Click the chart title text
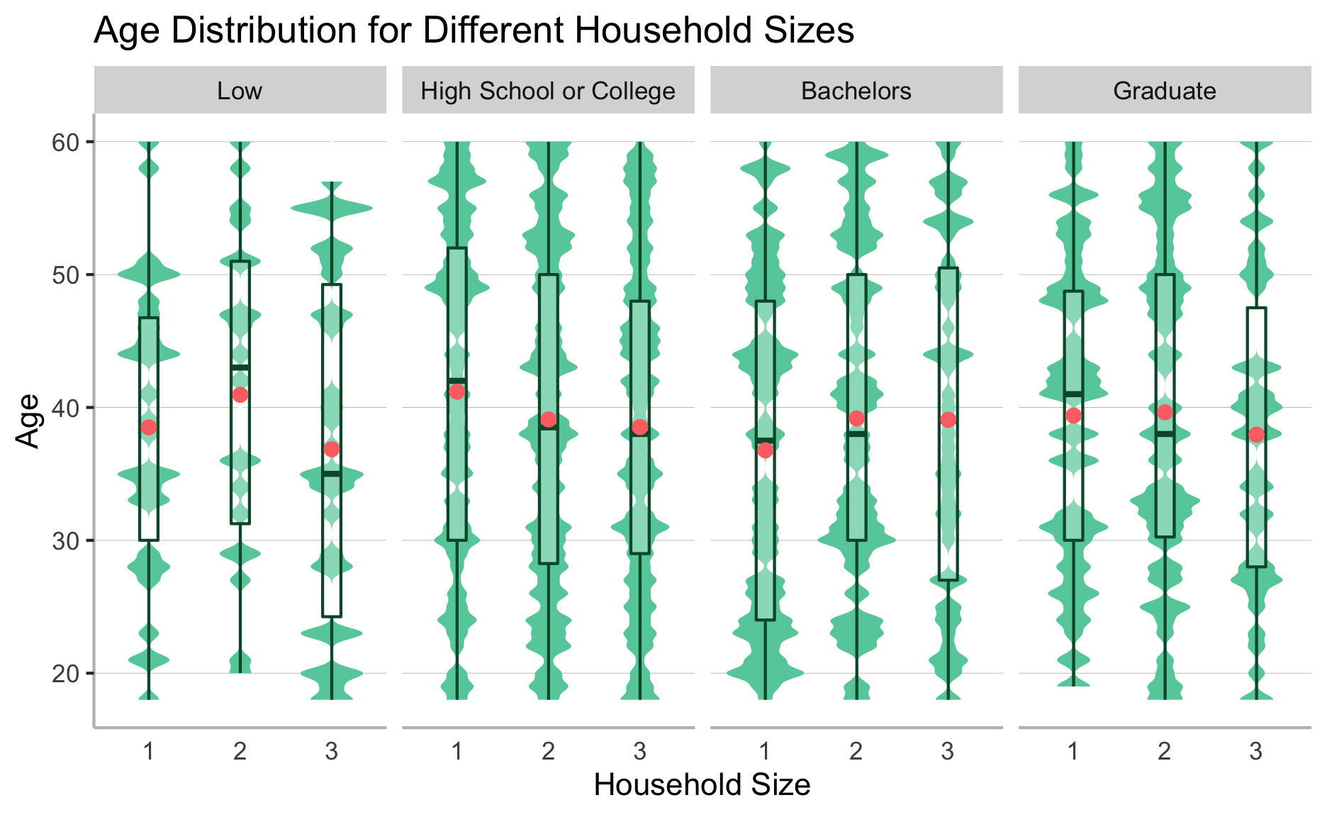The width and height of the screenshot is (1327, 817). [x=474, y=31]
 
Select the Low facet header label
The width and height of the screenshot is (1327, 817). [x=240, y=91]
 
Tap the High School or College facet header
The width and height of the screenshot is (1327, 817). [x=548, y=91]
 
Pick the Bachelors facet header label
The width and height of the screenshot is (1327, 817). [x=856, y=91]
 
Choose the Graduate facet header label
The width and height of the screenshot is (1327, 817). [x=1165, y=91]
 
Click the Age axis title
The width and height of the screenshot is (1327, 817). [x=28, y=421]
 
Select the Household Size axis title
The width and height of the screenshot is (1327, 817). [x=702, y=785]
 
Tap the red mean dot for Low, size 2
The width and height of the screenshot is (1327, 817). [x=240, y=395]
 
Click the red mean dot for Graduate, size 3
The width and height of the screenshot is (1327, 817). [x=1256, y=435]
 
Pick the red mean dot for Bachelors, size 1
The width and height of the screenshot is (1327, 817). [x=765, y=450]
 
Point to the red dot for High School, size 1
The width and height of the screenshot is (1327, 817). [x=457, y=391]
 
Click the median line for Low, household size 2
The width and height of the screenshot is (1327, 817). [x=240, y=367]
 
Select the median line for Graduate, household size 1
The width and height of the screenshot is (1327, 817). [x=1073, y=394]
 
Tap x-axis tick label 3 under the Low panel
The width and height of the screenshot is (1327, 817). [x=332, y=751]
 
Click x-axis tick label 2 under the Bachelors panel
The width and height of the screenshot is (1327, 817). [x=856, y=751]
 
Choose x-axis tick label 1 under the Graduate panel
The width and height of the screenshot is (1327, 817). [x=1073, y=751]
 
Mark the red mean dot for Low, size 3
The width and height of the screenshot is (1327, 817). [x=332, y=450]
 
